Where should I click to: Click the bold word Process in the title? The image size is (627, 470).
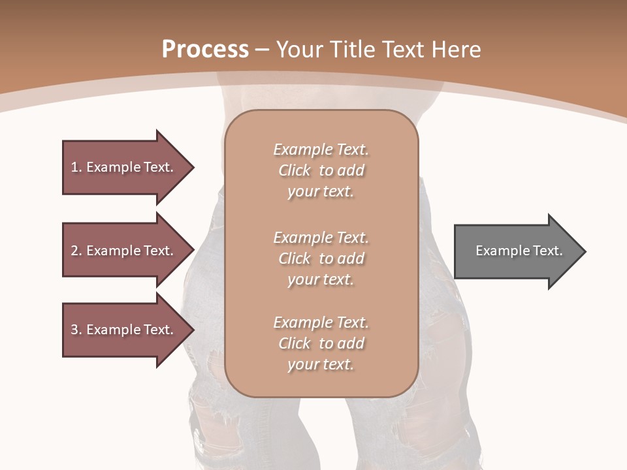pyautogui.click(x=205, y=50)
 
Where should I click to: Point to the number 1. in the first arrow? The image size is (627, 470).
pyautogui.click(x=76, y=167)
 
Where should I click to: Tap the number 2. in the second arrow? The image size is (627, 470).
pyautogui.click(x=76, y=251)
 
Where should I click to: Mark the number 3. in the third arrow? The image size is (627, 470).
pyautogui.click(x=76, y=330)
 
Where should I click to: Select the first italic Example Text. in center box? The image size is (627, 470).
pyautogui.click(x=321, y=149)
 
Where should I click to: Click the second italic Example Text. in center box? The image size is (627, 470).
pyautogui.click(x=321, y=237)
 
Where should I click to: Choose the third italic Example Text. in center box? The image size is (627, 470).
pyautogui.click(x=321, y=322)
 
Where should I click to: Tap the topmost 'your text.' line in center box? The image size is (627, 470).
pyautogui.click(x=321, y=192)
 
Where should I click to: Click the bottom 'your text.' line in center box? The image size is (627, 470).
pyautogui.click(x=321, y=365)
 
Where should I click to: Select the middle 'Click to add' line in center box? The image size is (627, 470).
pyautogui.click(x=321, y=258)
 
